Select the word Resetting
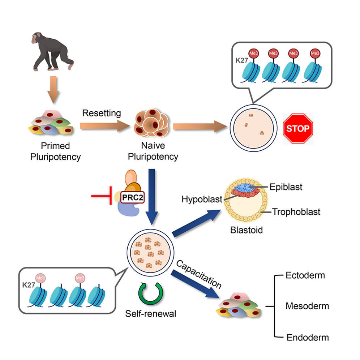click(101, 113)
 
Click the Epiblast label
click(286, 187)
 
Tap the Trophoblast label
click(296, 212)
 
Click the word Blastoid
click(246, 230)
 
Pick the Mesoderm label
click(307, 306)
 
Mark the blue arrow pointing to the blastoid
click(198, 223)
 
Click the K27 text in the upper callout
click(241, 60)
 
